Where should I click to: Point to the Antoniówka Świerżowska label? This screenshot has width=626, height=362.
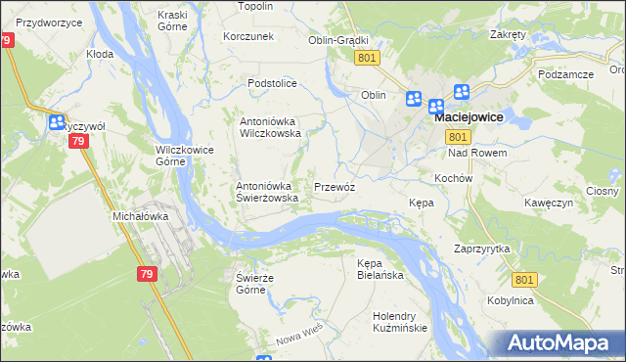click(273, 192)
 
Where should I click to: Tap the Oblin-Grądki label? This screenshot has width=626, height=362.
click(337, 40)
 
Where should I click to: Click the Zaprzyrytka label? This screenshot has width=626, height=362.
click(482, 249)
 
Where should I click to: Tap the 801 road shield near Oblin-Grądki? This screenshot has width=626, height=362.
click(367, 59)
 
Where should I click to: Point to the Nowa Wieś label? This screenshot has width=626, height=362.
click(298, 339)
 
